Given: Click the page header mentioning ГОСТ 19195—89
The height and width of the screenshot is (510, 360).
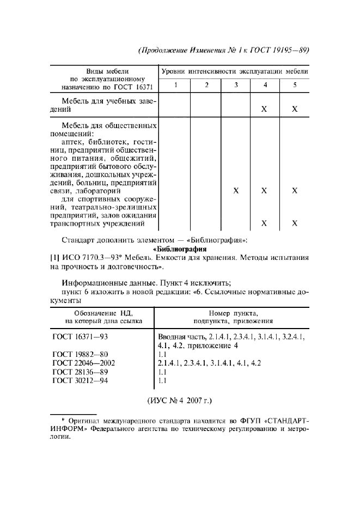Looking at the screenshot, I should click(x=224, y=50).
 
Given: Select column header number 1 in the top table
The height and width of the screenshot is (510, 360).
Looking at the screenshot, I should click(x=175, y=84).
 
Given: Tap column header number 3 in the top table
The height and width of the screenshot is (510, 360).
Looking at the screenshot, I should click(x=235, y=84).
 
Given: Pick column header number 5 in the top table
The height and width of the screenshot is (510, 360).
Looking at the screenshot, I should click(x=295, y=84).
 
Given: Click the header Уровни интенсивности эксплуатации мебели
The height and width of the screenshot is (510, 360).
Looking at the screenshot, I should click(x=235, y=71).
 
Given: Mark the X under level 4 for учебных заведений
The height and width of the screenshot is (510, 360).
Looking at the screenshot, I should click(x=264, y=109).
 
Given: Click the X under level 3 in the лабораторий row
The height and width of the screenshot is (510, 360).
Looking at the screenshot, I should click(x=235, y=191).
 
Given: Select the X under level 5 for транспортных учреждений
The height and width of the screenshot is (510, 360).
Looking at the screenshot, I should click(x=295, y=223).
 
